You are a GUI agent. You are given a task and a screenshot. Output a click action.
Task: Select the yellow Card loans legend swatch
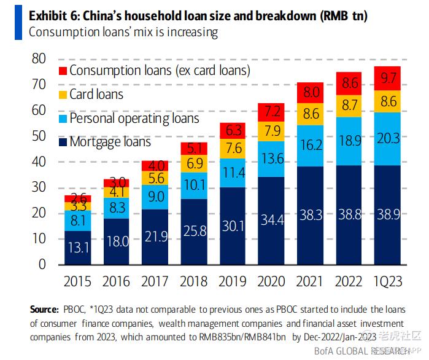tap(62, 95)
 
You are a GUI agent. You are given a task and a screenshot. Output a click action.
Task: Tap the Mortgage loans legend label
tap(110, 142)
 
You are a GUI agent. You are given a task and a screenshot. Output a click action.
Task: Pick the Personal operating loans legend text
tap(134, 118)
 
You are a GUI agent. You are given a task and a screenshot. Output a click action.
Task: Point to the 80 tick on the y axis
tap(39, 59)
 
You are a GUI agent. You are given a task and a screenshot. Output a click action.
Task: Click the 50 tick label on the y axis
tap(39, 136)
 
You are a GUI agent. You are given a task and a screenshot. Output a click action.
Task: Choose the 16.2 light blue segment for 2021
tap(311, 146)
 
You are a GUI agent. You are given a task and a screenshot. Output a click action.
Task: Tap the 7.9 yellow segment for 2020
tap(271, 131)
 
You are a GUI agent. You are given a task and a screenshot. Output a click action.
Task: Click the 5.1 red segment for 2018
tap(193, 148)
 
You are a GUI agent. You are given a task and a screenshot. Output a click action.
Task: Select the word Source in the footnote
tap(45, 309)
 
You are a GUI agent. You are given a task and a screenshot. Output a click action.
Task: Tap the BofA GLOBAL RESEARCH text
tap(363, 351)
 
